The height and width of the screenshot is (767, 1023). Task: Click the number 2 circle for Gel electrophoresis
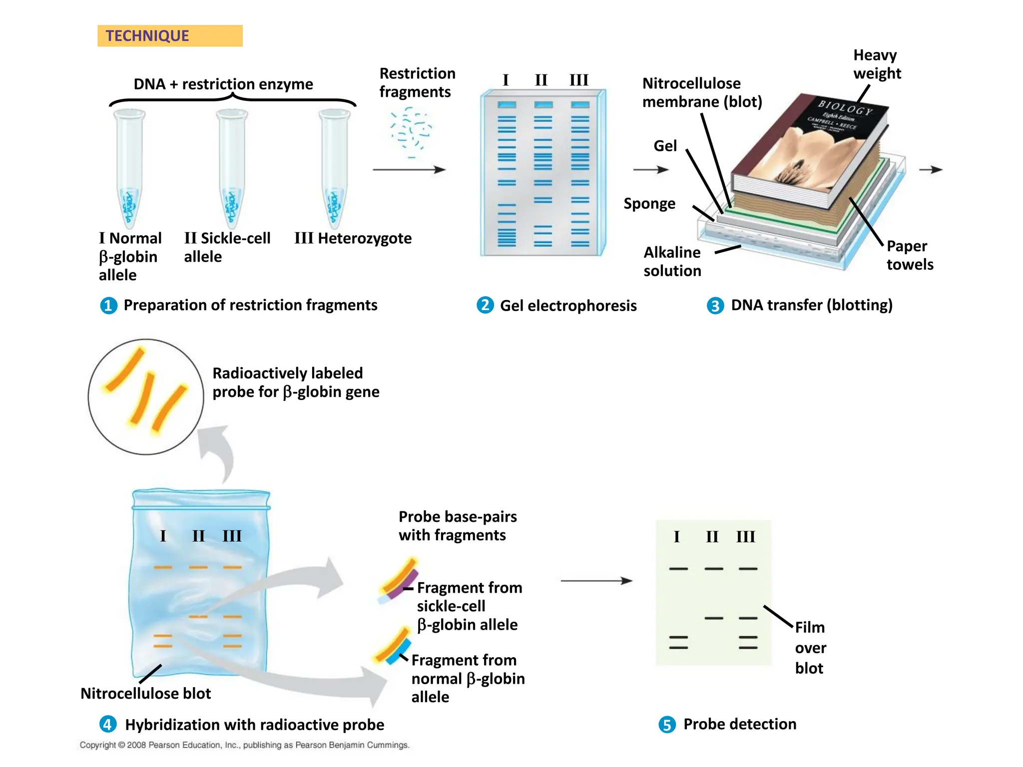[485, 305]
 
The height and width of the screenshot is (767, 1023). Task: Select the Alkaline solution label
[672, 261]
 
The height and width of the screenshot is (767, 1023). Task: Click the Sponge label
[649, 204]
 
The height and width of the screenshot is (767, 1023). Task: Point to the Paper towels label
[910, 255]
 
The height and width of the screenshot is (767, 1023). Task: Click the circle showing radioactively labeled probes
[146, 397]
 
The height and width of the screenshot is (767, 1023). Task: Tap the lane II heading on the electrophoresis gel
[541, 80]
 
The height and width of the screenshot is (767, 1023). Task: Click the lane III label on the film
[745, 537]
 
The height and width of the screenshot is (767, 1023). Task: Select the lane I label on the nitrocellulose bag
[163, 536]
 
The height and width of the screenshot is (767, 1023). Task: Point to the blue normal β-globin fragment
[399, 651]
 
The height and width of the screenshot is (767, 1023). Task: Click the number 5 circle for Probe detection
[667, 725]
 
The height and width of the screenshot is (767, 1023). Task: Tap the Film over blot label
[810, 648]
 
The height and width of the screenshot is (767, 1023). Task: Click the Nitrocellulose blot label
[145, 694]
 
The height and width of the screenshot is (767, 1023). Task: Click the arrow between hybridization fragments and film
[596, 581]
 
